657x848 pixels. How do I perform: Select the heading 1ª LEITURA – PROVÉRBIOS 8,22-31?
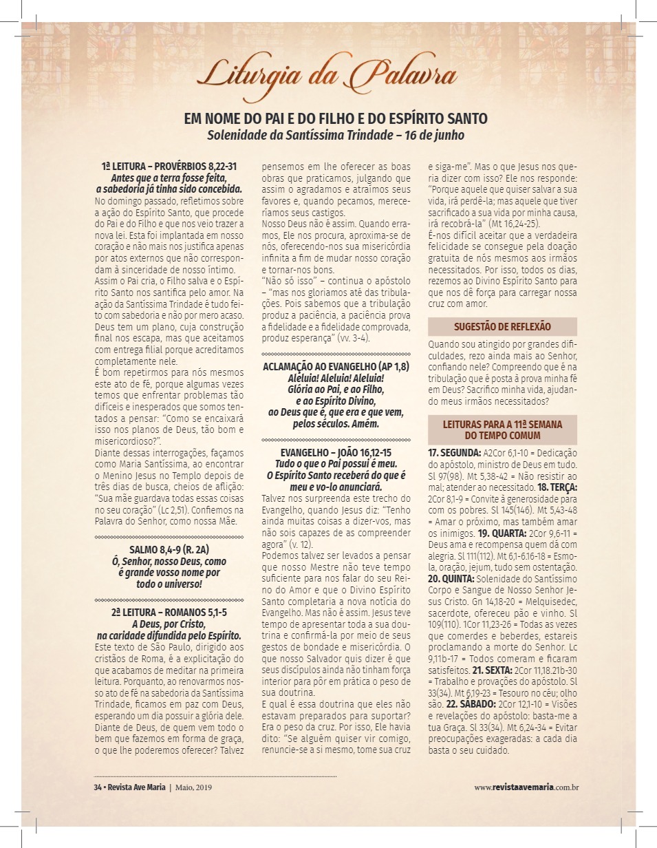coord(169,167)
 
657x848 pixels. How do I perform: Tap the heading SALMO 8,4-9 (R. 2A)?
coord(169,549)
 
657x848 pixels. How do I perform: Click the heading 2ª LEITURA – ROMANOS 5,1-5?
coord(169,612)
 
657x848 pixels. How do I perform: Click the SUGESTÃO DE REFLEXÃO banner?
coord(502,327)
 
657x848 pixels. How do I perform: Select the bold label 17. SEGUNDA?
coord(454,453)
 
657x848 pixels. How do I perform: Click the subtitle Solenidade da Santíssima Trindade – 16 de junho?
coord(336,136)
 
